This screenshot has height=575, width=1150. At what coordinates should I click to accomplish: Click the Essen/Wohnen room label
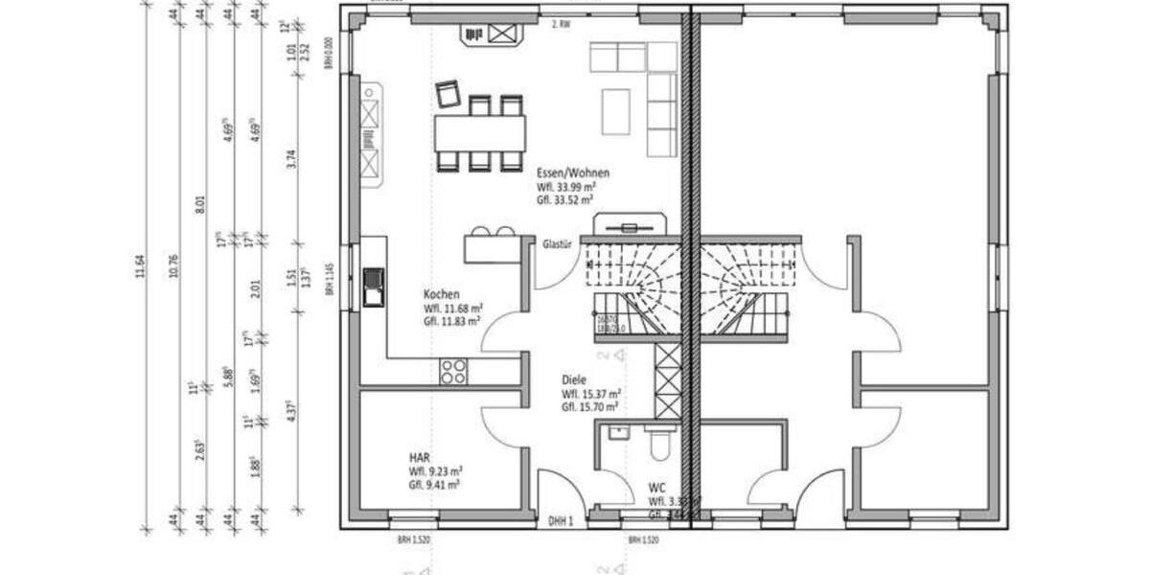coord(573,172)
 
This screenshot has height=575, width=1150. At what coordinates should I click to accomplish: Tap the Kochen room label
coord(442,294)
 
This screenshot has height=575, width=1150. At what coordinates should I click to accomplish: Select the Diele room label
coord(574,379)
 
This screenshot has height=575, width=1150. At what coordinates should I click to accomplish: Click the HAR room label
coord(419,457)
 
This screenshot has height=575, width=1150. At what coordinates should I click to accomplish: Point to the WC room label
coord(656,486)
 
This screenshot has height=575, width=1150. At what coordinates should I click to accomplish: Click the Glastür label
coord(557,243)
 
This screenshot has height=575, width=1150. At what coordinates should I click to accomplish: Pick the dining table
coord(480,132)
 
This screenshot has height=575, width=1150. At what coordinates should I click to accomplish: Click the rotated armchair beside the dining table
coord(448,94)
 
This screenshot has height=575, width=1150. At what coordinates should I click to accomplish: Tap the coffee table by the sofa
coord(616,111)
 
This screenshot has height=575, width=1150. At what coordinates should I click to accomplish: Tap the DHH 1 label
coord(561,522)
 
